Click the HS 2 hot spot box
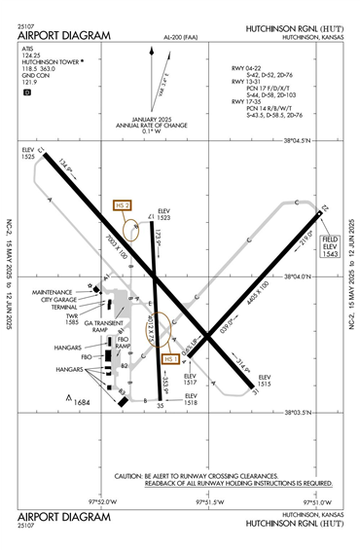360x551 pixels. pos(122,205)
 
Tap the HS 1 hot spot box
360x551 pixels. pos(171,359)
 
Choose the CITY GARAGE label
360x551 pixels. pos(56,299)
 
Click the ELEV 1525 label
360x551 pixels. pos(26,153)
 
